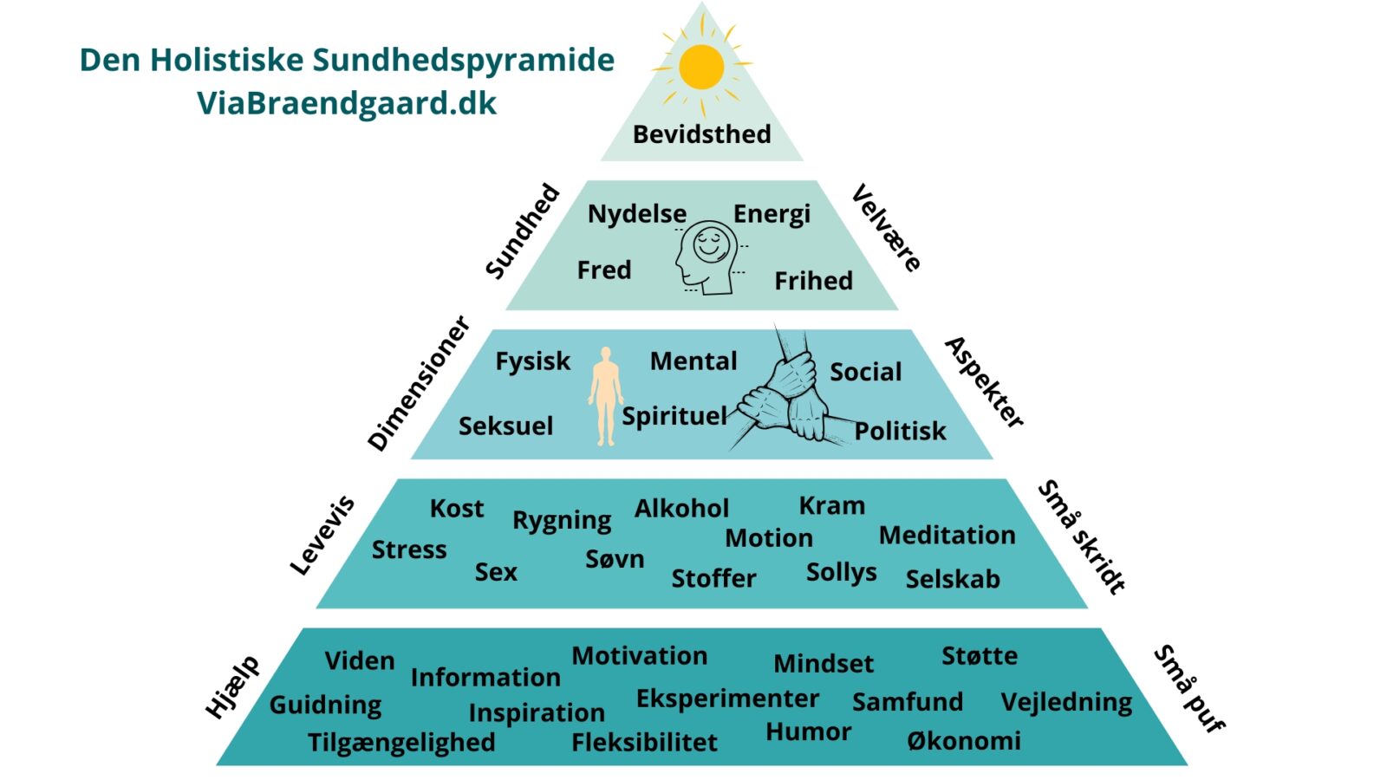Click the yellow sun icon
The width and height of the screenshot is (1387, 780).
(x=701, y=68)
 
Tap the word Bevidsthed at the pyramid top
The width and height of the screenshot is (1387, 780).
(x=701, y=134)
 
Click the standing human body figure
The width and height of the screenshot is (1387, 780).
(x=606, y=397)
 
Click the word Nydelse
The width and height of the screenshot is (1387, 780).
(x=637, y=214)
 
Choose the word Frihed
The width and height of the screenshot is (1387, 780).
(x=813, y=281)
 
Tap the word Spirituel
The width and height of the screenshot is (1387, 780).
(x=674, y=416)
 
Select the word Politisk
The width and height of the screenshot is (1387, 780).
(x=900, y=431)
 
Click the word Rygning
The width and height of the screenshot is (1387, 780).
(x=562, y=520)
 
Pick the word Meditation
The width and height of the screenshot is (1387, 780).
(x=947, y=536)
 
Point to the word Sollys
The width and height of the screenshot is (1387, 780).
(x=841, y=572)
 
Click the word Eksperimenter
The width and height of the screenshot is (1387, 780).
(x=727, y=699)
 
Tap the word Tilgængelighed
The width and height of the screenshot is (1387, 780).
(x=401, y=743)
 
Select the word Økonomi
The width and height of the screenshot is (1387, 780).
(x=964, y=741)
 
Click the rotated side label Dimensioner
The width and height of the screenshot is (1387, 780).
(x=419, y=383)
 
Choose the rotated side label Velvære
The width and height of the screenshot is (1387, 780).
(x=886, y=228)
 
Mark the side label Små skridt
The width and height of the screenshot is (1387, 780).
(x=1081, y=536)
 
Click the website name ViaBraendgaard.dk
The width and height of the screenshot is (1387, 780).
(x=347, y=103)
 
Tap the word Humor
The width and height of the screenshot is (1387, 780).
(x=808, y=732)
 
